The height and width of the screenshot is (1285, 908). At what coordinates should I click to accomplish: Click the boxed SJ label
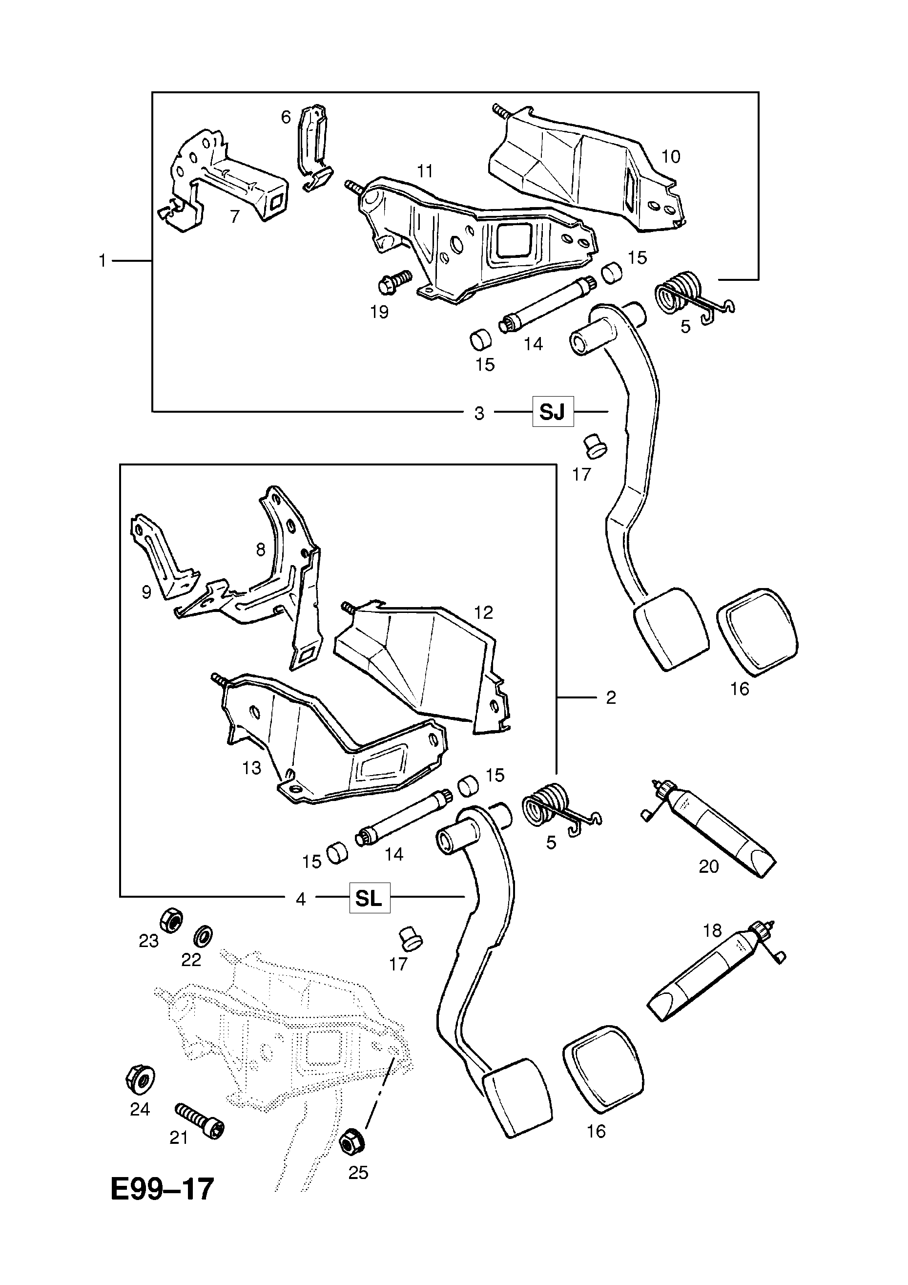coord(552,412)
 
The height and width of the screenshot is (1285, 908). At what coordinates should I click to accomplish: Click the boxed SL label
coord(369,898)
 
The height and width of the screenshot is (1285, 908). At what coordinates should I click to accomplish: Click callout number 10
coord(671,156)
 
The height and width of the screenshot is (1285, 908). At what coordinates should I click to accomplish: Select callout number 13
coord(252,768)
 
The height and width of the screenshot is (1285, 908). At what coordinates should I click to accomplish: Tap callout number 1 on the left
coord(103,261)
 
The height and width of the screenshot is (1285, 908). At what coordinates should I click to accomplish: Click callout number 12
coord(483,612)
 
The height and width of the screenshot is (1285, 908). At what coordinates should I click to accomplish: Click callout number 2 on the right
coord(611,697)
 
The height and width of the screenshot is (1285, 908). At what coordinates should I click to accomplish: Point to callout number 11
coord(425,171)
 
